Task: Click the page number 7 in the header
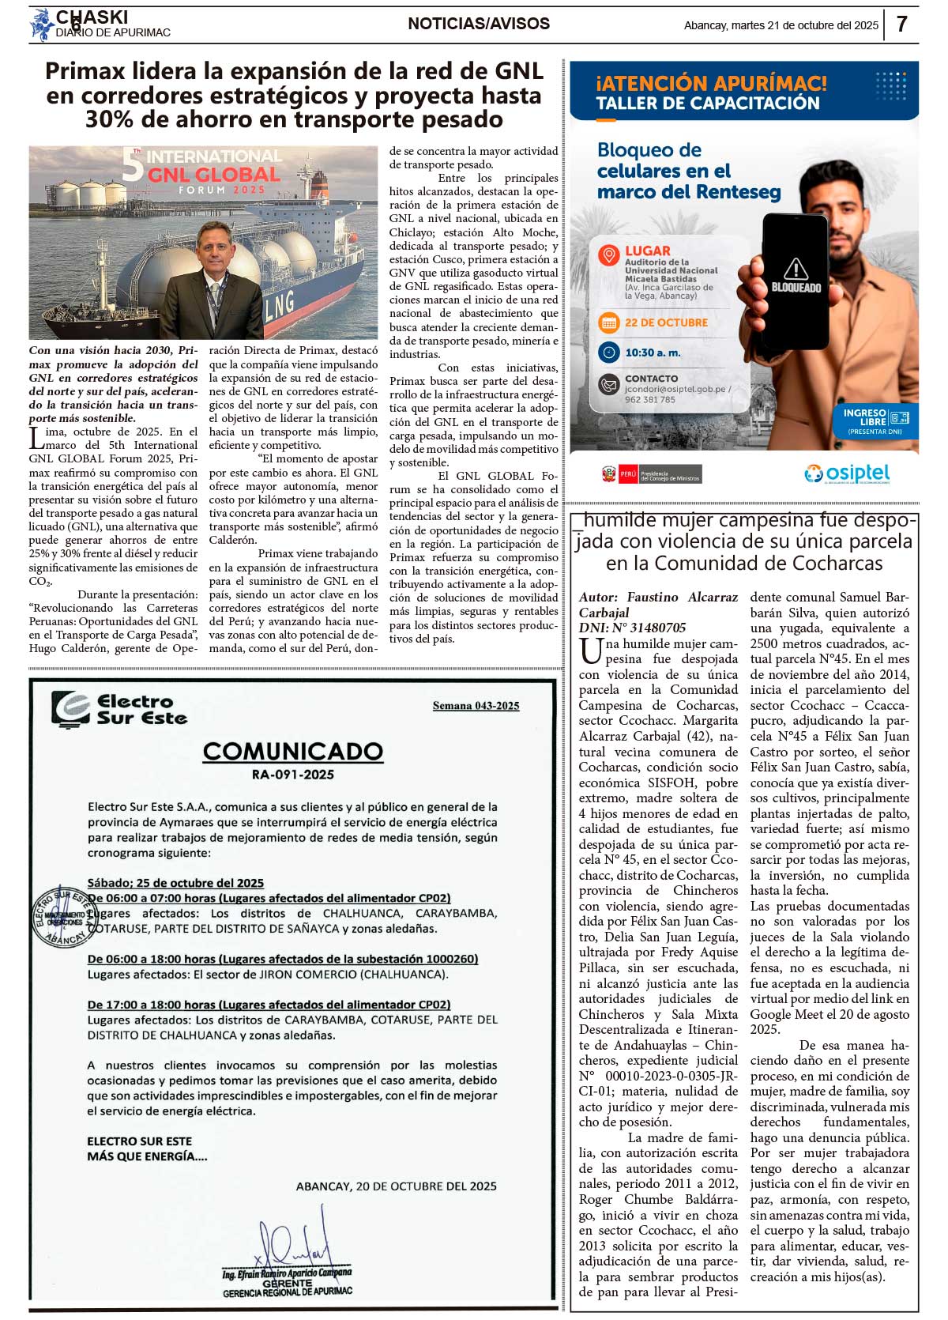pos(901,24)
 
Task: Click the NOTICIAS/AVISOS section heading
pos(479,24)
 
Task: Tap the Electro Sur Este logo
pos(119,709)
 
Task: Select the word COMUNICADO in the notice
pos(292,751)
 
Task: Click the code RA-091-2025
pos(292,775)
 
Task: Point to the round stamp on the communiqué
pos(64,917)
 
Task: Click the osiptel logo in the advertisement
pos(847,473)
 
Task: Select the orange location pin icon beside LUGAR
pos(608,255)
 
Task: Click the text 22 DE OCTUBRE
pos(666,322)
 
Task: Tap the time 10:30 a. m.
pos(653,353)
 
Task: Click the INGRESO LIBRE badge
pos(875,421)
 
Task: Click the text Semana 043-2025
pos(476,706)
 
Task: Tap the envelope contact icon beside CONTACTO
pos(608,385)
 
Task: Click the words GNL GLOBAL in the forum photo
pos(214,175)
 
